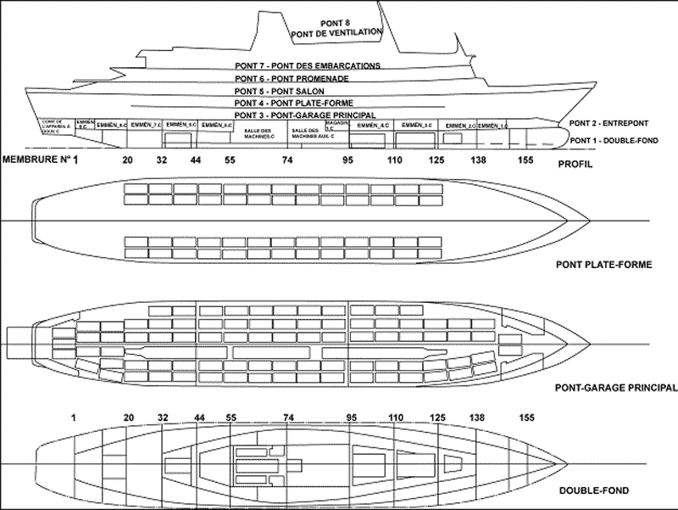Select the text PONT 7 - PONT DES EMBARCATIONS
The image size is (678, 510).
[x=308, y=65]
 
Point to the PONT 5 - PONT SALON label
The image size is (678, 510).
[x=275, y=90]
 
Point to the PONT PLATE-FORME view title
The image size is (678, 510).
[x=604, y=265]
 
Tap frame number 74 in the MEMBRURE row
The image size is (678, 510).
[x=289, y=160]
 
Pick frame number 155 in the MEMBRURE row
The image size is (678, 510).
[x=525, y=160]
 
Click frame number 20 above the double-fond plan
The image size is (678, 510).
[x=128, y=418]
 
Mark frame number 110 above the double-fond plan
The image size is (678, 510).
[x=395, y=418]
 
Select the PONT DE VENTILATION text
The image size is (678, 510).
[x=336, y=35]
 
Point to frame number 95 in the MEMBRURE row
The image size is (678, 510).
[x=348, y=160]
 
